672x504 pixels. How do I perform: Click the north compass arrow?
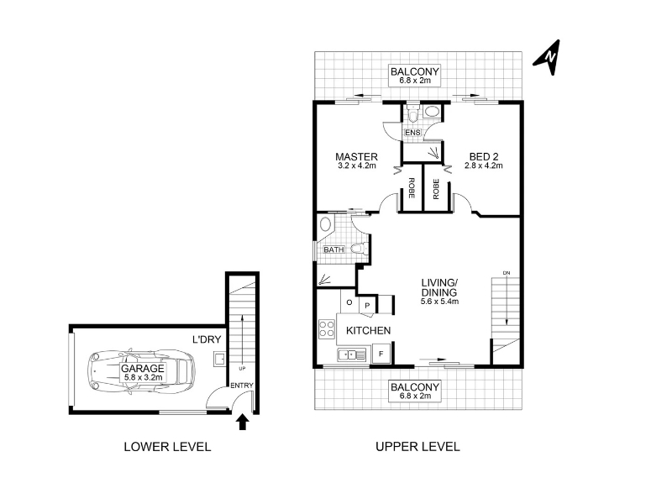[549, 58]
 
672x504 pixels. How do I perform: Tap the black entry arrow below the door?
[243, 422]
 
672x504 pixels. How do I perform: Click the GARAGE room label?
[143, 369]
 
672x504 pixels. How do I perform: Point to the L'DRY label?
[207, 340]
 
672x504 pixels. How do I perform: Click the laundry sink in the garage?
[220, 360]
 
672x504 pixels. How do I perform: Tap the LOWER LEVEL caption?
[167, 447]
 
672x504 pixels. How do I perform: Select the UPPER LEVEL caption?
[417, 447]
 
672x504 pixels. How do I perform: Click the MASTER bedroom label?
[356, 157]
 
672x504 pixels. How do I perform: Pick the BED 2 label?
[484, 157]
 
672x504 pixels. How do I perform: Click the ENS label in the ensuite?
[412, 133]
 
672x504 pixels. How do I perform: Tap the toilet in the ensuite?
[412, 115]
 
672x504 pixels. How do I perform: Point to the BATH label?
[333, 249]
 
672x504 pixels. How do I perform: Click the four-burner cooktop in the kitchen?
[327, 328]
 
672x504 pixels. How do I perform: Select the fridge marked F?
[381, 354]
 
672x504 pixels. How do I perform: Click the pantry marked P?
[367, 306]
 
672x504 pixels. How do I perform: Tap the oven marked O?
[349, 302]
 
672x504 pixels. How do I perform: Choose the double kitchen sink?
[351, 354]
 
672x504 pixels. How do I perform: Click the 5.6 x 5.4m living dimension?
[439, 302]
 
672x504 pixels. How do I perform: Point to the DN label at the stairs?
[507, 273]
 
